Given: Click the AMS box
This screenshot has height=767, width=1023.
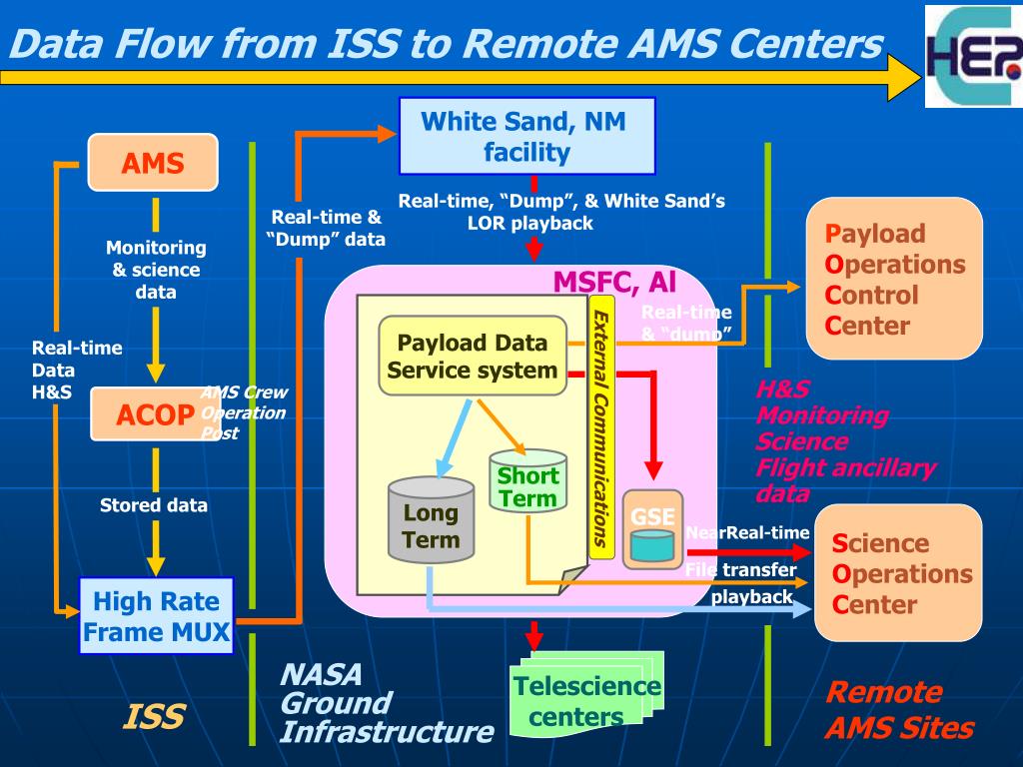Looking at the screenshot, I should click(x=153, y=162).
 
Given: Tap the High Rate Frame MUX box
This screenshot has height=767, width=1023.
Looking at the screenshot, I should click(x=156, y=616).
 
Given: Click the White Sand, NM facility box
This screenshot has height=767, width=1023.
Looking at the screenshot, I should click(x=526, y=137).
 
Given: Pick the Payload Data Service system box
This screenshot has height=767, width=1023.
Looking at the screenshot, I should click(x=473, y=357).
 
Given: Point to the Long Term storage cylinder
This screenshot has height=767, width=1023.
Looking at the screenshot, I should click(x=431, y=520).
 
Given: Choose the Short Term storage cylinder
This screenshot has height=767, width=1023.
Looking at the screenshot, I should click(x=527, y=483).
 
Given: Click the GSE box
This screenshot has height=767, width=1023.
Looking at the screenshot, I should click(x=652, y=529).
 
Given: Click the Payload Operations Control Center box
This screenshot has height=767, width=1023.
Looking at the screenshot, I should click(x=895, y=279).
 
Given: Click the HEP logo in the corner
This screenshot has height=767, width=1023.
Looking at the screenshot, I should click(x=971, y=55).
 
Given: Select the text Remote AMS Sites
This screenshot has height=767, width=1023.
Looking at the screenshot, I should click(x=898, y=710).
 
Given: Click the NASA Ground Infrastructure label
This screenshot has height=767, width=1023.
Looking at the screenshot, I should click(x=386, y=703).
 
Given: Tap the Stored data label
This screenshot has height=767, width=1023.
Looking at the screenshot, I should click(x=154, y=505).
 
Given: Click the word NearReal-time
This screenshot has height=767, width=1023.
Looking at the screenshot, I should click(x=746, y=532).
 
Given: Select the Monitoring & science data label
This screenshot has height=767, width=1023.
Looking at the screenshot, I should click(x=156, y=270).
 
